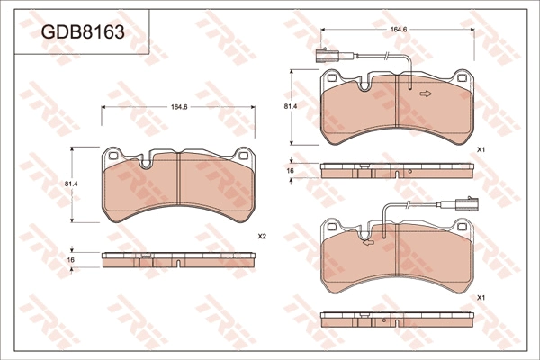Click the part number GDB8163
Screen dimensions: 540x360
(x=83, y=32)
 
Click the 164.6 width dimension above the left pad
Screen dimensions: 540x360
(x=179, y=107)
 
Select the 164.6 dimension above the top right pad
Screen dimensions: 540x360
(x=399, y=30)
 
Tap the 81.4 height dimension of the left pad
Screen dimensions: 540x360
(x=71, y=184)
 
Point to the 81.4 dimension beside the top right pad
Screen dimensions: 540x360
(x=291, y=106)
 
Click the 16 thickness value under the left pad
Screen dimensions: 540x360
(x=70, y=260)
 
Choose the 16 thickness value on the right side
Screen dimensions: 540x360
(x=291, y=171)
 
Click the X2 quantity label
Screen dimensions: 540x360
(x=262, y=237)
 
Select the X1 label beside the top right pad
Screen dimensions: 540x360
(x=481, y=150)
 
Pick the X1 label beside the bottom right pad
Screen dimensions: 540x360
(x=481, y=298)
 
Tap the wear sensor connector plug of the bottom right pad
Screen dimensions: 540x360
(x=466, y=204)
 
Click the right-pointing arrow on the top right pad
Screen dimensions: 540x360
(x=426, y=94)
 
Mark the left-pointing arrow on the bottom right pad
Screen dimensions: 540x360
(x=369, y=243)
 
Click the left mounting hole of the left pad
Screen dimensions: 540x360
(x=113, y=156)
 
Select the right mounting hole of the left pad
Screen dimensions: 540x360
(x=243, y=156)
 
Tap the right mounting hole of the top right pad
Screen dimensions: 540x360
(x=462, y=78)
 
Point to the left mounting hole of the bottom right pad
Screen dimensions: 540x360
(x=331, y=226)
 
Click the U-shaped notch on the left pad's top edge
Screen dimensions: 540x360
(x=147, y=162)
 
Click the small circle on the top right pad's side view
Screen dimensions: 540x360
(x=410, y=172)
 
